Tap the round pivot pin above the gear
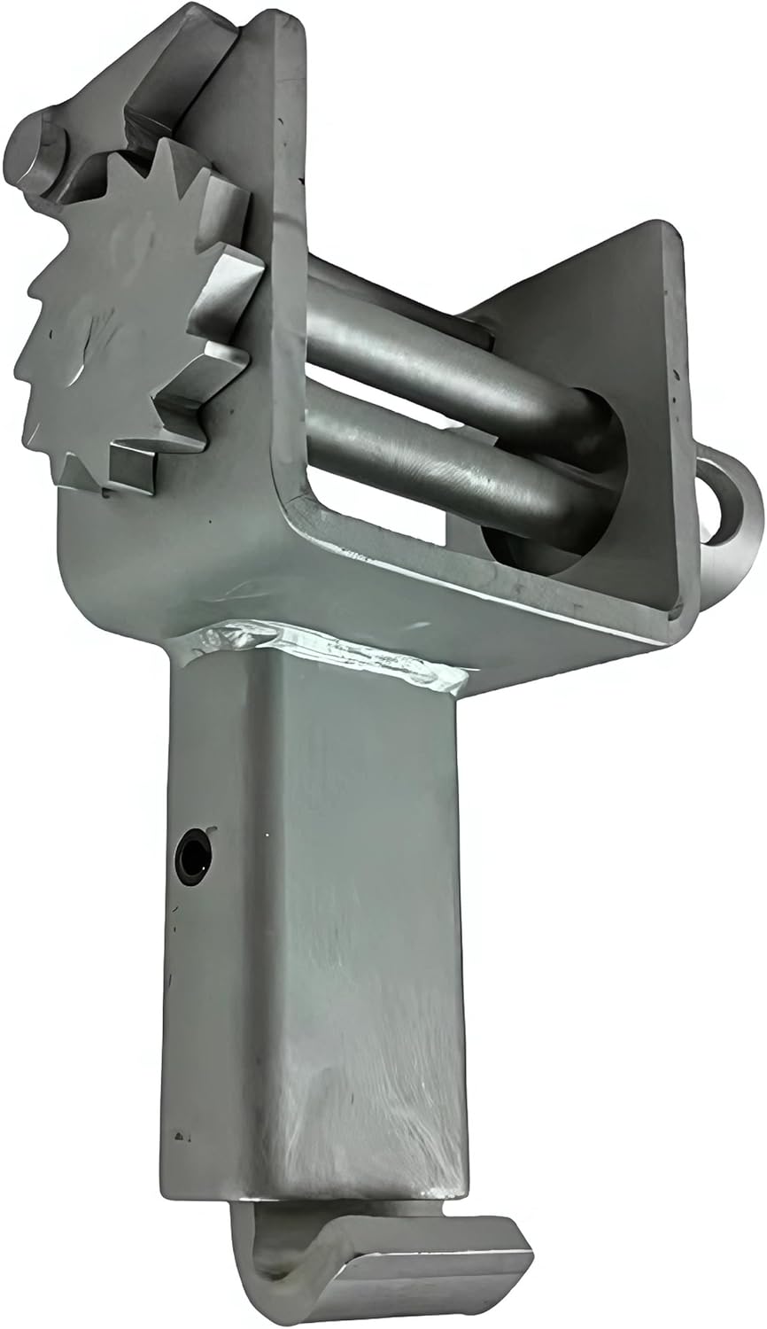click(35, 147)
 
